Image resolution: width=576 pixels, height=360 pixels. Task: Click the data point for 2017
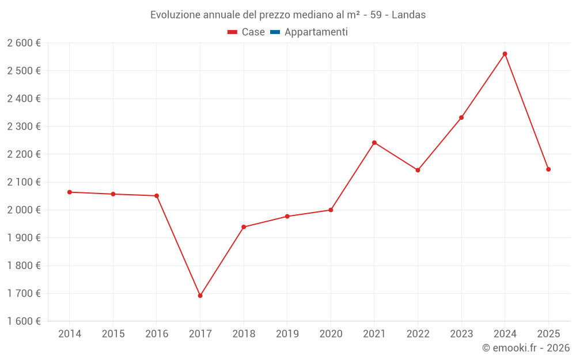click(200, 295)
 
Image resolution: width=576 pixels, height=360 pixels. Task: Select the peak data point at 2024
click(505, 54)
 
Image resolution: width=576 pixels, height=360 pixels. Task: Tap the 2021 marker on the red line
click(374, 142)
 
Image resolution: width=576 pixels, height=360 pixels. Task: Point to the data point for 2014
click(70, 192)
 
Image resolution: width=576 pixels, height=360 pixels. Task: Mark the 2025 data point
click(548, 169)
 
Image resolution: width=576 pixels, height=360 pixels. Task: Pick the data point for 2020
click(331, 210)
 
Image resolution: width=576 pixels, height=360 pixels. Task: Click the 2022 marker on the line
click(418, 170)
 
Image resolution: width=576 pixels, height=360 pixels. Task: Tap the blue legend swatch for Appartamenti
click(275, 32)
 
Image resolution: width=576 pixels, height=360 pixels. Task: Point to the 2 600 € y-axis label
click(24, 43)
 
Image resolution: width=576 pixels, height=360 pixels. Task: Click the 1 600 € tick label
click(24, 321)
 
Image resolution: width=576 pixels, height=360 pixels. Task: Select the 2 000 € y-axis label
click(24, 210)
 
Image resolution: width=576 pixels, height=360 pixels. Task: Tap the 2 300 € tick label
click(24, 127)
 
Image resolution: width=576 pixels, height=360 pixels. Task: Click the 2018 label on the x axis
click(244, 334)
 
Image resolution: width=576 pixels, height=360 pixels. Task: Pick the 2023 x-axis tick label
click(461, 334)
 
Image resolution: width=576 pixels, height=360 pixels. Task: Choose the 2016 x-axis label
click(157, 334)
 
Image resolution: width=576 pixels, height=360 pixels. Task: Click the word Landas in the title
click(408, 15)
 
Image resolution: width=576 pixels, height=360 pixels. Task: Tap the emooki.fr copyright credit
click(526, 348)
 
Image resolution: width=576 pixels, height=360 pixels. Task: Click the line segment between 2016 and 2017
click(179, 246)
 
